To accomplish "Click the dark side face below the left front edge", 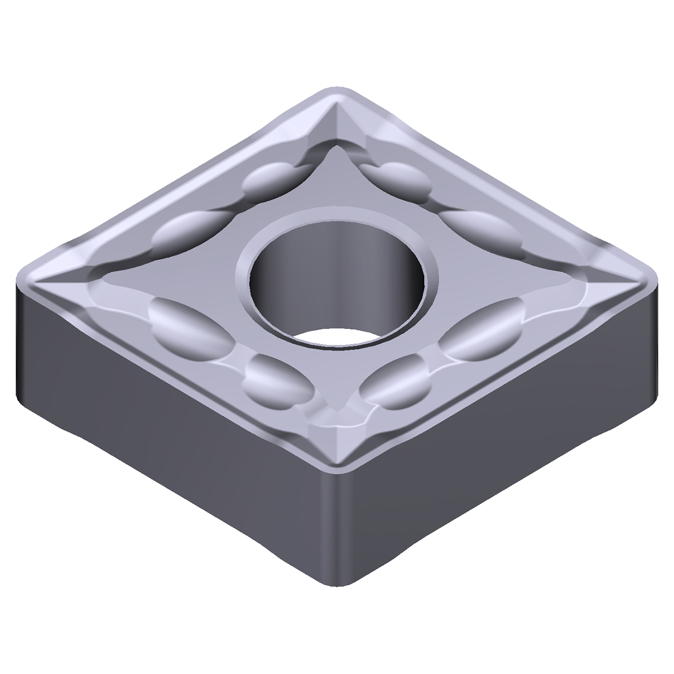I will click(158, 411).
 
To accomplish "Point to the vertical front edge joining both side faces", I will click(337, 527).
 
